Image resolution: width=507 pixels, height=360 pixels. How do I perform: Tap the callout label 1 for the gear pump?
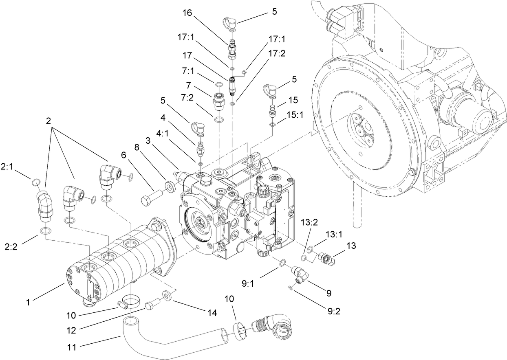(28, 302)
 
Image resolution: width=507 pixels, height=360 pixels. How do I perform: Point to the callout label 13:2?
(307, 222)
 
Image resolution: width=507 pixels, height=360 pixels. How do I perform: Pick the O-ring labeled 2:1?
(36, 182)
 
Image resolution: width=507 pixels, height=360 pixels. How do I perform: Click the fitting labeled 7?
(218, 100)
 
